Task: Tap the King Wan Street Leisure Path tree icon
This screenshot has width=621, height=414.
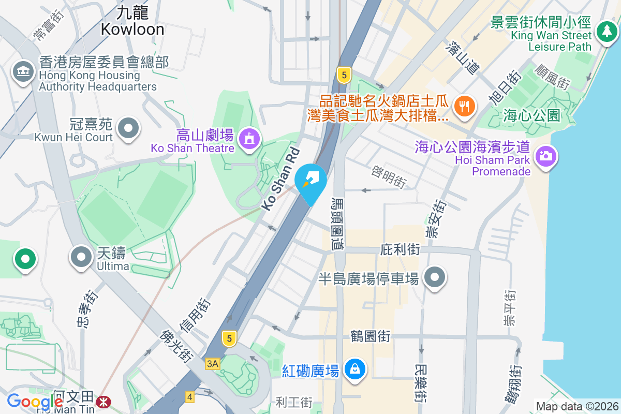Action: click(605, 31)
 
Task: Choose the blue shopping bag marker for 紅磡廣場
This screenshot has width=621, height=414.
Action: click(356, 369)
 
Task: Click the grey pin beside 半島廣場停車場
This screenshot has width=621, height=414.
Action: click(435, 278)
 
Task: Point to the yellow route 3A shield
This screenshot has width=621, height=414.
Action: click(212, 364)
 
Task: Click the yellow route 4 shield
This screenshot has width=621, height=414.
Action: click(190, 397)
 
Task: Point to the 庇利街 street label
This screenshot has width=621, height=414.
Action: click(400, 249)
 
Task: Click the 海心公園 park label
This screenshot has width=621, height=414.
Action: click(531, 115)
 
